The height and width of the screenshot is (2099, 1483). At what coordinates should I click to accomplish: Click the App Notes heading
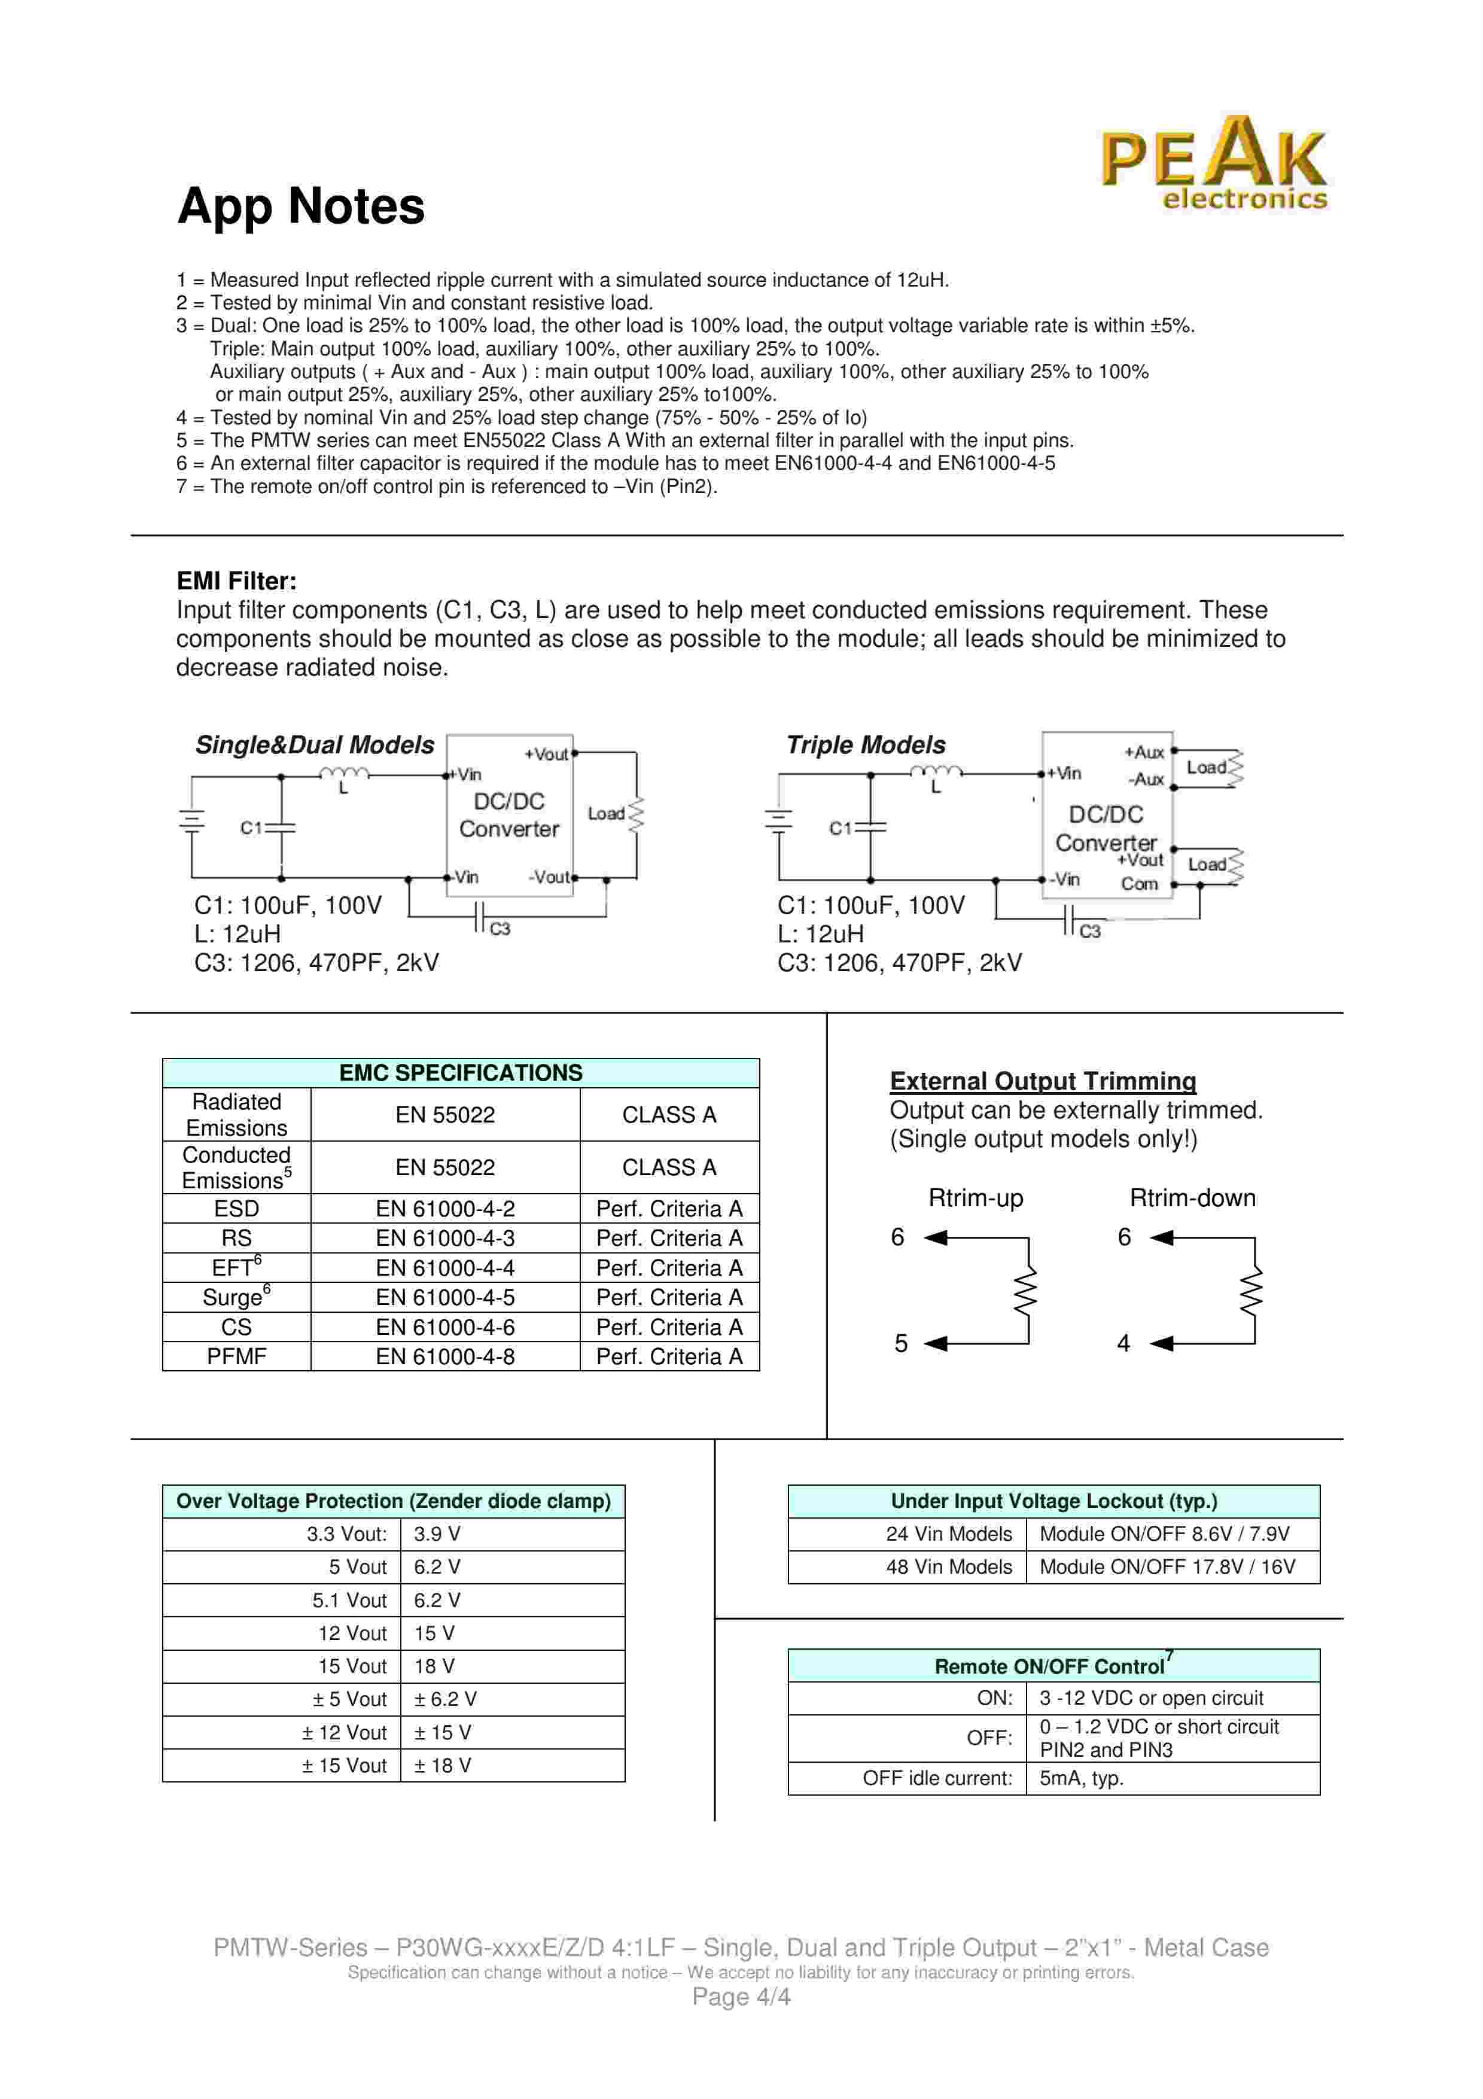301,206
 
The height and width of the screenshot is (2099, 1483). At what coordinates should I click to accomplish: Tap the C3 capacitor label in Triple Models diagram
1090,932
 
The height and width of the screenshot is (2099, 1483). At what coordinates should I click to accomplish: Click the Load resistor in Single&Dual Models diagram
636,814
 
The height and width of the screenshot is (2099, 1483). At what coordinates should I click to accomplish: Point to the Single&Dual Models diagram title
314,745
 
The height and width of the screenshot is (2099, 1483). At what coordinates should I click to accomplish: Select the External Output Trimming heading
1043,1081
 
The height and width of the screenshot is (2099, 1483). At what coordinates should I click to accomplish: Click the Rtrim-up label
975,1198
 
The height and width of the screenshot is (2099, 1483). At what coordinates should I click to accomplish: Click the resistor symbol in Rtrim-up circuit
1028,1291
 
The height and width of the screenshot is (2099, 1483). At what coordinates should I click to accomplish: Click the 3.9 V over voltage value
437,1534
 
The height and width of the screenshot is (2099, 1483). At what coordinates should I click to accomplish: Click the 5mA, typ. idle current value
1081,1778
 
